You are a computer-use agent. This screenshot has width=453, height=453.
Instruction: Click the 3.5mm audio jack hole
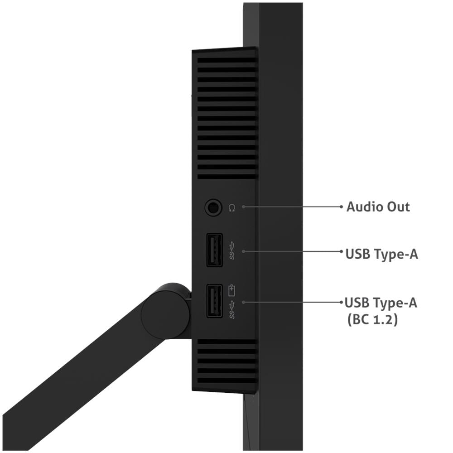pyautogui.click(x=213, y=207)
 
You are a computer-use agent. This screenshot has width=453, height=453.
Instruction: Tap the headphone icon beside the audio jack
pyautogui.click(x=231, y=208)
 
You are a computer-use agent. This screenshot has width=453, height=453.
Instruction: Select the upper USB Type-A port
pyautogui.click(x=214, y=250)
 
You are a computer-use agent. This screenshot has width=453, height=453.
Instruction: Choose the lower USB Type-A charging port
pyautogui.click(x=214, y=301)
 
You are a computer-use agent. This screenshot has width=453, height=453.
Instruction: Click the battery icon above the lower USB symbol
pyautogui.click(x=231, y=291)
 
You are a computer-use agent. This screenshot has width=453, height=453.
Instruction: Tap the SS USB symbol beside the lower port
pyautogui.click(x=231, y=310)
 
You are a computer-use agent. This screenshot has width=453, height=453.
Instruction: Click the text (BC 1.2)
pyautogui.click(x=373, y=319)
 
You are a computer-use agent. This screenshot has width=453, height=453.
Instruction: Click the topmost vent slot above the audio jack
pyautogui.click(x=227, y=60)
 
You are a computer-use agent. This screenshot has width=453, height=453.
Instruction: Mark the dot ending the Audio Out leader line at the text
pyautogui.click(x=341, y=207)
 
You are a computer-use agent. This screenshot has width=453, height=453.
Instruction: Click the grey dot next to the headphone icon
pyautogui.click(x=244, y=207)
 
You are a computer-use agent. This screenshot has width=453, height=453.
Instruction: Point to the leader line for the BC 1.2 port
pyautogui.click(x=292, y=302)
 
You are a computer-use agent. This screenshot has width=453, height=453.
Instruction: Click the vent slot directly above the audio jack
pyautogui.click(x=227, y=177)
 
